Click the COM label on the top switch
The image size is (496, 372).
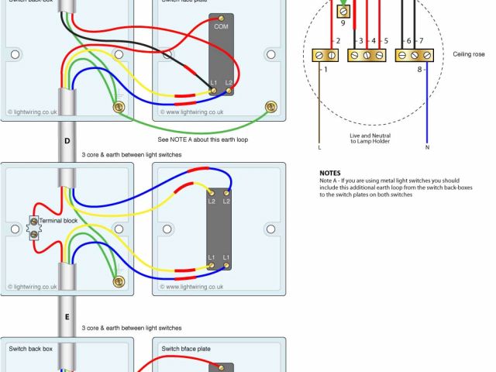point(222,26)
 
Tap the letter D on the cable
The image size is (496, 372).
point(67,141)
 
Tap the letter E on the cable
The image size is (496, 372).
point(67,318)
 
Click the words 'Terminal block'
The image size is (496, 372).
point(58,221)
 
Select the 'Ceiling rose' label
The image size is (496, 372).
point(468,55)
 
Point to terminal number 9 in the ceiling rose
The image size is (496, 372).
point(343,22)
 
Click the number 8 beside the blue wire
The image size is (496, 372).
point(420,70)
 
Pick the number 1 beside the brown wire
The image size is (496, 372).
point(325,70)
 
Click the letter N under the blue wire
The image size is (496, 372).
point(427,146)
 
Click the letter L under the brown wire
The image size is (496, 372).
point(319,146)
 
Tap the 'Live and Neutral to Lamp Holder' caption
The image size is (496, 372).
point(370,138)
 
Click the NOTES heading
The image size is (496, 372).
point(330,173)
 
